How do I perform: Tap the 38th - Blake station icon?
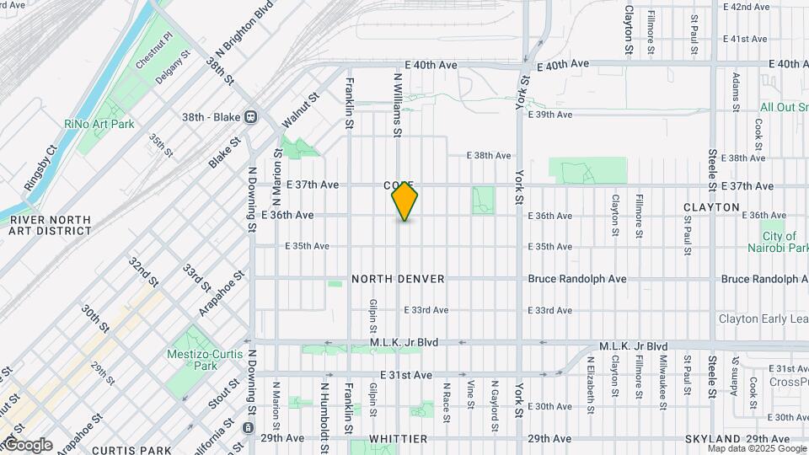(250, 117)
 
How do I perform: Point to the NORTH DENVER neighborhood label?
(398, 279)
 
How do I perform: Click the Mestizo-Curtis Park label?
(194, 359)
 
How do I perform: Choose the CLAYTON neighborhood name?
(711, 207)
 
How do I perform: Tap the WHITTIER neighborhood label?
(398, 439)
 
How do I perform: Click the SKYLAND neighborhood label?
(712, 439)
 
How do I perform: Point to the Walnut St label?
(301, 110)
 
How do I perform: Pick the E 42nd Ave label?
(747, 7)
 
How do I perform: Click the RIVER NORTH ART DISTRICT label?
(50, 225)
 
